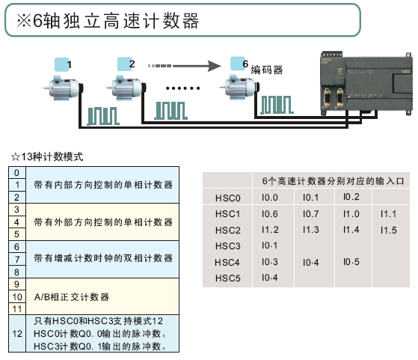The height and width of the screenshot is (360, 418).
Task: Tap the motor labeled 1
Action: click(x=63, y=88)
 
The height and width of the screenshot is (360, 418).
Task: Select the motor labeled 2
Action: click(x=126, y=88)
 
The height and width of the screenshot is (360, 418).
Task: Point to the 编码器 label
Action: click(x=267, y=70)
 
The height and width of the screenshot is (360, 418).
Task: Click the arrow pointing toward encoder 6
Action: click(x=185, y=66)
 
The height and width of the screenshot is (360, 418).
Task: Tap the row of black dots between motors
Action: click(x=182, y=88)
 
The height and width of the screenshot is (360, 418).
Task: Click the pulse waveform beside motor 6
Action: click(x=277, y=105)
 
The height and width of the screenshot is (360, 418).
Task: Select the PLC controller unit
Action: click(x=366, y=84)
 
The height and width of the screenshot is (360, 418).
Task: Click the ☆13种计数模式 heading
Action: click(x=47, y=156)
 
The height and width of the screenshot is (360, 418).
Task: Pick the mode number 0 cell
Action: click(x=17, y=173)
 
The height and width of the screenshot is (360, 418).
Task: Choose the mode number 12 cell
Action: click(x=17, y=334)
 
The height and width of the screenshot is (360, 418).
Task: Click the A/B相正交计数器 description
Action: click(x=72, y=296)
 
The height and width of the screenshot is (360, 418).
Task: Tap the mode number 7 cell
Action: click(x=17, y=259)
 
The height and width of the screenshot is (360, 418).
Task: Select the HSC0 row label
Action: click(x=227, y=198)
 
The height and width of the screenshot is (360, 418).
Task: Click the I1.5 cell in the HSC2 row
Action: click(x=388, y=230)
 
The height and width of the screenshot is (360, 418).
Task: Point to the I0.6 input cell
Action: click(x=269, y=214)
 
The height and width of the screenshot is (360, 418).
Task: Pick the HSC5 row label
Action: click(x=227, y=278)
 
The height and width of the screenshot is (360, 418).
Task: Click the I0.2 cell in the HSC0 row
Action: click(x=351, y=197)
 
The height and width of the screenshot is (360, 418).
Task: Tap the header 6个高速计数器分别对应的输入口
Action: click(x=333, y=181)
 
